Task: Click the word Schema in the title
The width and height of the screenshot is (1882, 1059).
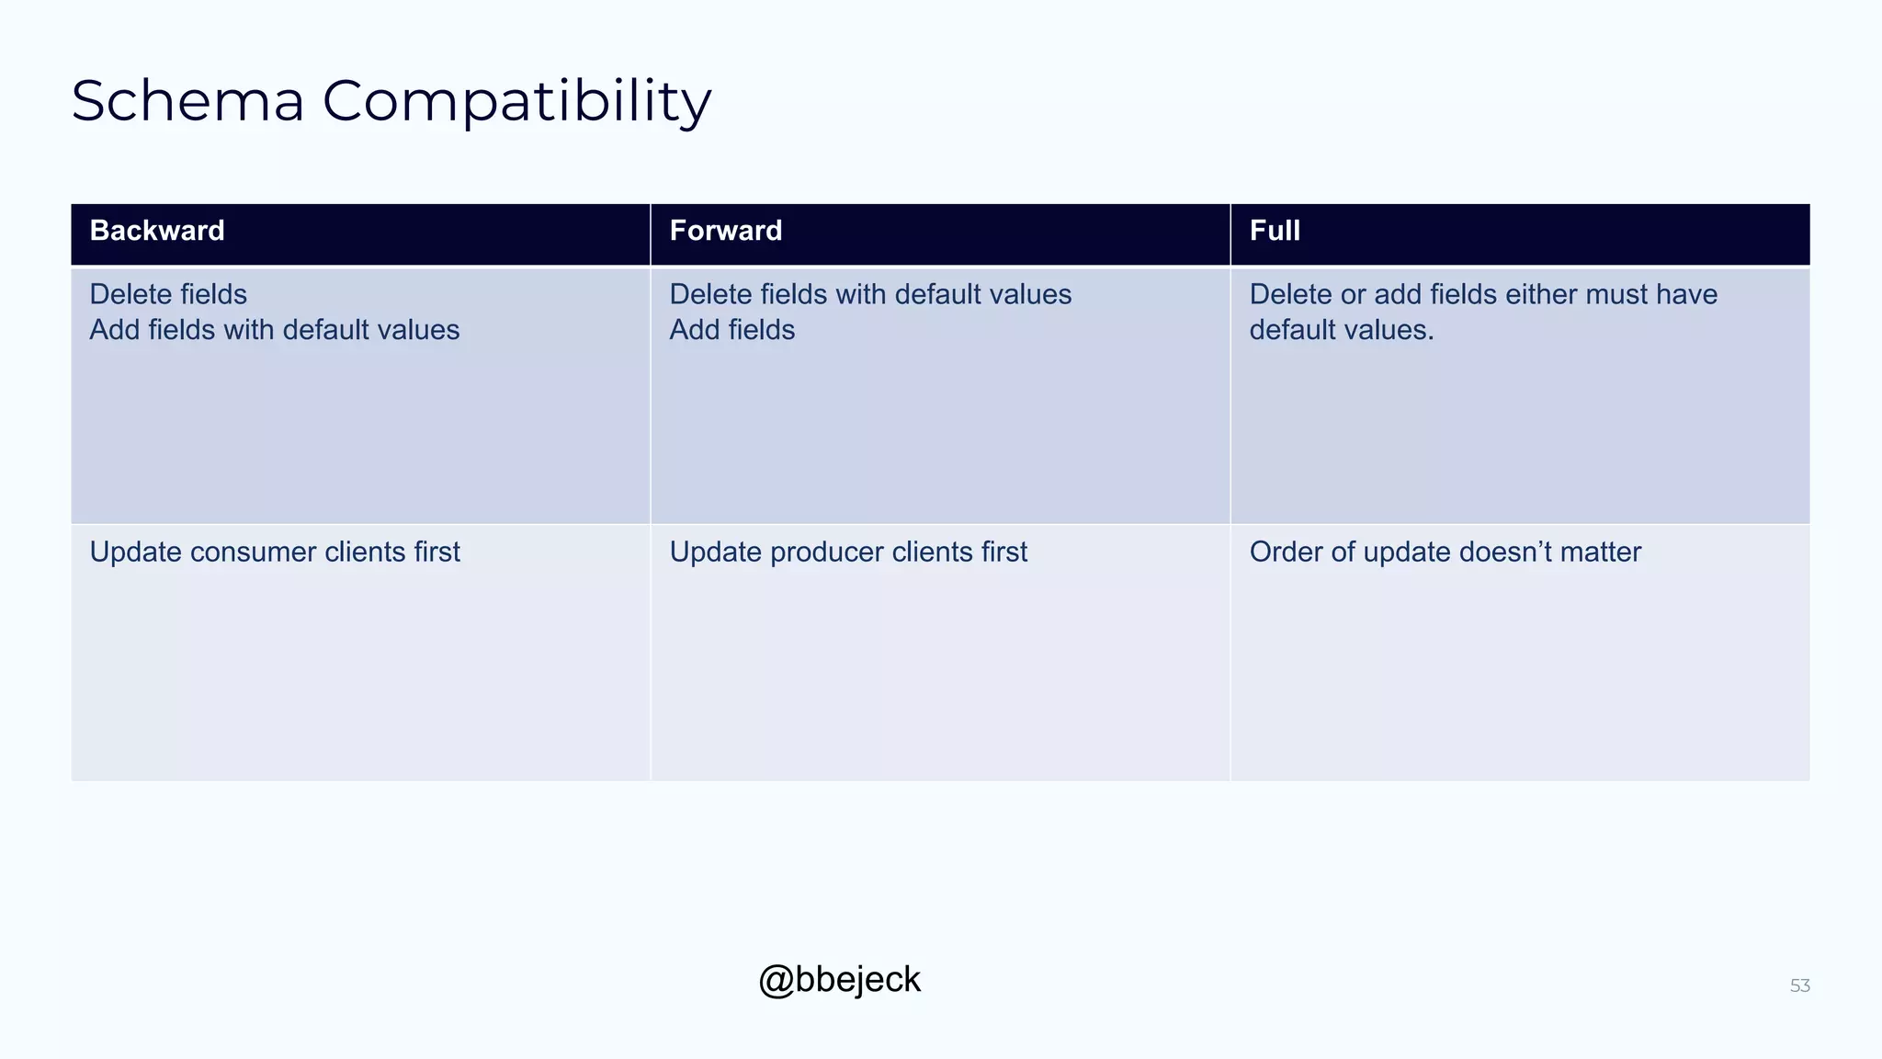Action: [187, 101]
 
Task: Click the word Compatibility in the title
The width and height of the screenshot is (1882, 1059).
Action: [516, 101]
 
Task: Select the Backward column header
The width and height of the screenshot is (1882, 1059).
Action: [157, 231]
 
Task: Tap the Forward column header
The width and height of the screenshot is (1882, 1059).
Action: [726, 231]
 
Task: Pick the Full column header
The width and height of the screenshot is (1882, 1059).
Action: [1275, 231]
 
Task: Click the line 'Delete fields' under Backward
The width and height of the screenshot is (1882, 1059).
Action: [168, 295]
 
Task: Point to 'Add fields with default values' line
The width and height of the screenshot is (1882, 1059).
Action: [275, 330]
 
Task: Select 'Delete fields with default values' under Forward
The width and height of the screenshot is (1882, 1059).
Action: [870, 295]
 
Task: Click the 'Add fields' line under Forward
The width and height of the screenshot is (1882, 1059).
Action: [732, 330]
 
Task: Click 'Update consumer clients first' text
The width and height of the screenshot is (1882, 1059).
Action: [275, 552]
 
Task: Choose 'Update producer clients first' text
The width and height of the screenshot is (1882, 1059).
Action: [848, 552]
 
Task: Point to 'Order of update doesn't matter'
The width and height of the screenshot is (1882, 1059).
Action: [1445, 552]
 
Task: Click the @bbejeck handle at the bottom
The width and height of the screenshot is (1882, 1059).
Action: [839, 980]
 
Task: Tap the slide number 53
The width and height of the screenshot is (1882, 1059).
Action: [1799, 986]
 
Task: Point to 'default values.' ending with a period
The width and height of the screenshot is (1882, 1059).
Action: [1342, 330]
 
